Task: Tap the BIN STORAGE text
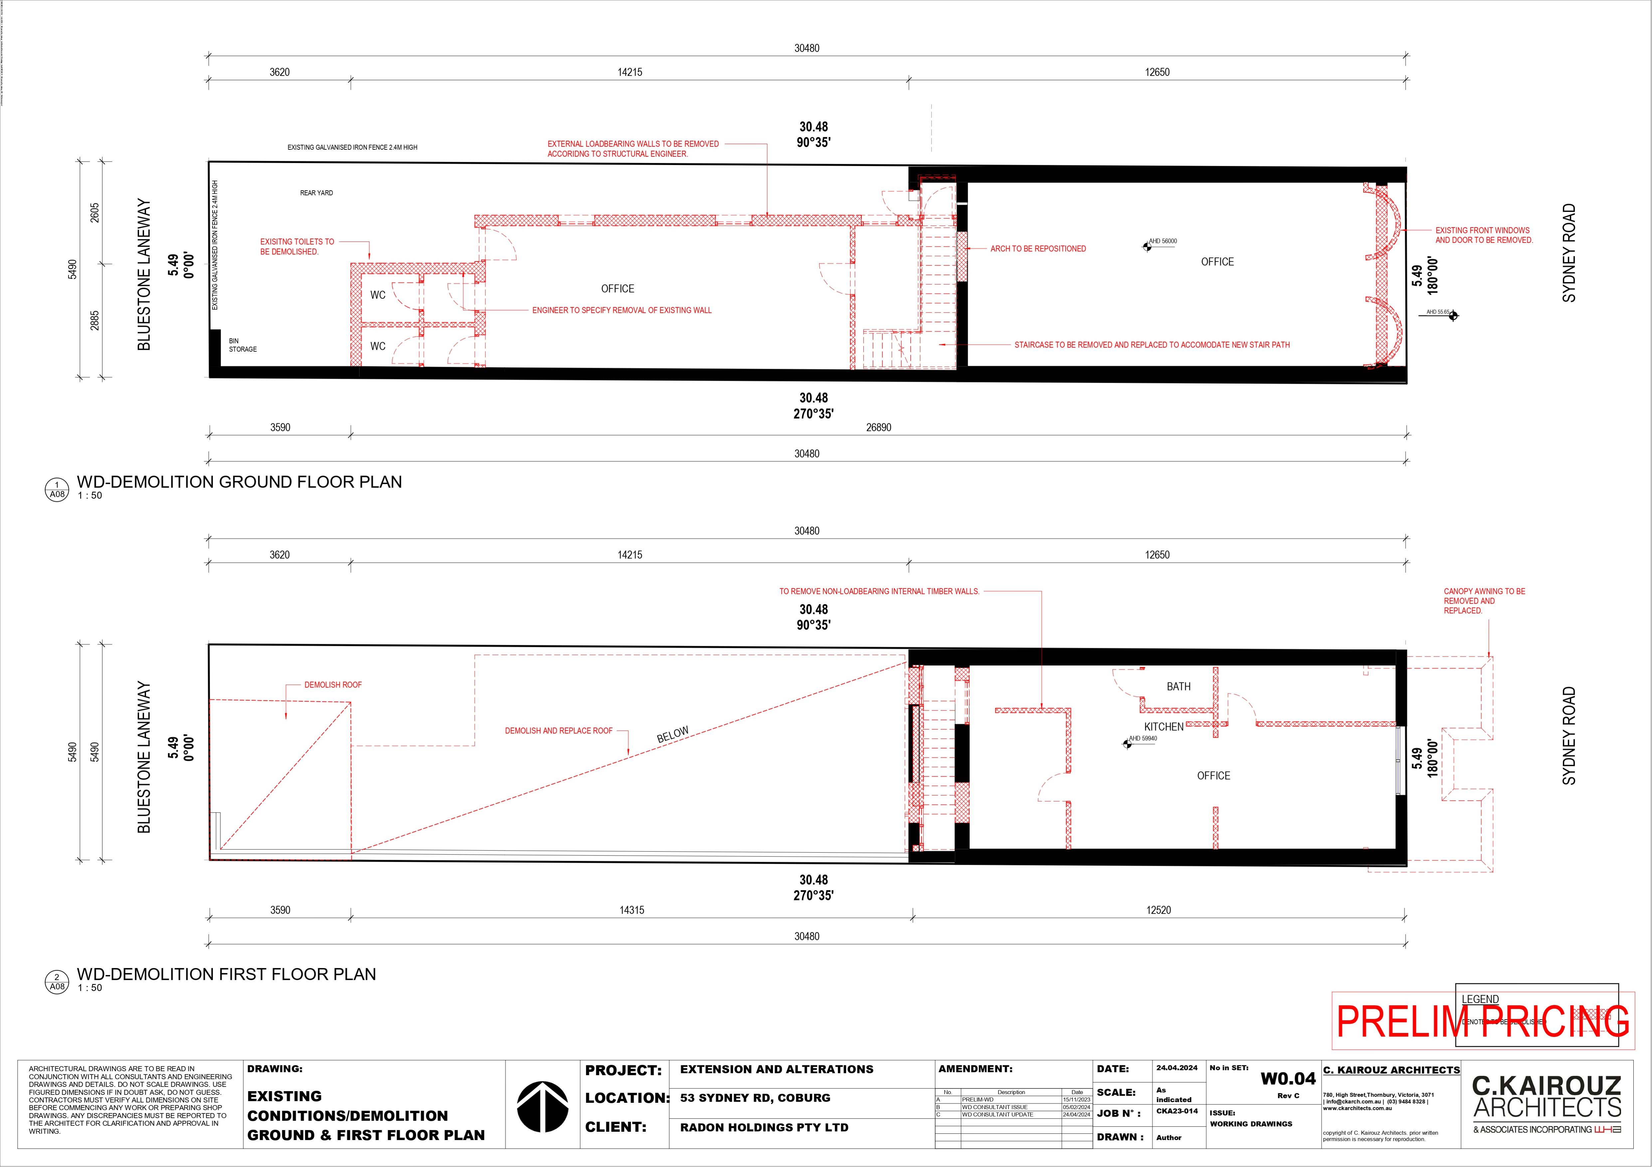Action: (x=243, y=345)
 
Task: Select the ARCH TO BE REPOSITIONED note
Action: (x=1037, y=249)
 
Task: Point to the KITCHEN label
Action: (x=1164, y=727)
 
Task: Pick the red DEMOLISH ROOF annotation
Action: (x=332, y=685)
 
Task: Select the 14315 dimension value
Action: (x=632, y=910)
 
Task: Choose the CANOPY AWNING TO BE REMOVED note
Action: (x=1484, y=601)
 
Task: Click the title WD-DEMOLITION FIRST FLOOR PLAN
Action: (x=226, y=974)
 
